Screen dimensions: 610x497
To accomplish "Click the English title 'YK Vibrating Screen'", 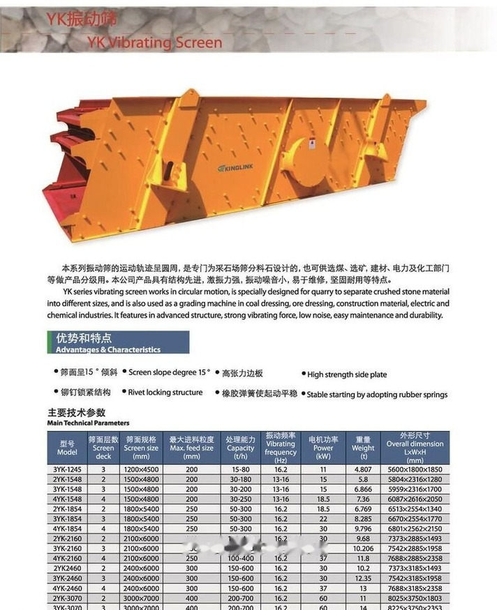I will [155, 43].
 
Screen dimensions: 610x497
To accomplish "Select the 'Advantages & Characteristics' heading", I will [108, 349].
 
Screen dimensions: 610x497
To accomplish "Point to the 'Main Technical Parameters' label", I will [88, 422].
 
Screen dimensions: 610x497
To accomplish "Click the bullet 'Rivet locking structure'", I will [165, 392].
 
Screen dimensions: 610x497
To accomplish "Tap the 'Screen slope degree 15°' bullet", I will [169, 373].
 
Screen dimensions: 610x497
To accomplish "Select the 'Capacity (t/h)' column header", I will [240, 448].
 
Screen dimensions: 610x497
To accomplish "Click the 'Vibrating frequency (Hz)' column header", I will [281, 448].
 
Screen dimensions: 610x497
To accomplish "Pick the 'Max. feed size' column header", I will [191, 448].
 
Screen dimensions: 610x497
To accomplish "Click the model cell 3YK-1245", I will [66, 470].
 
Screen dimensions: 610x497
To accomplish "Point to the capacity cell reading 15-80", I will [240, 470].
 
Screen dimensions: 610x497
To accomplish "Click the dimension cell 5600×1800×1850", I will [415, 470].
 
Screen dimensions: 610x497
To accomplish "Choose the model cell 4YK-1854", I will [66, 528].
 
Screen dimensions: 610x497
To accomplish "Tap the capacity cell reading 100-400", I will [240, 558].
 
